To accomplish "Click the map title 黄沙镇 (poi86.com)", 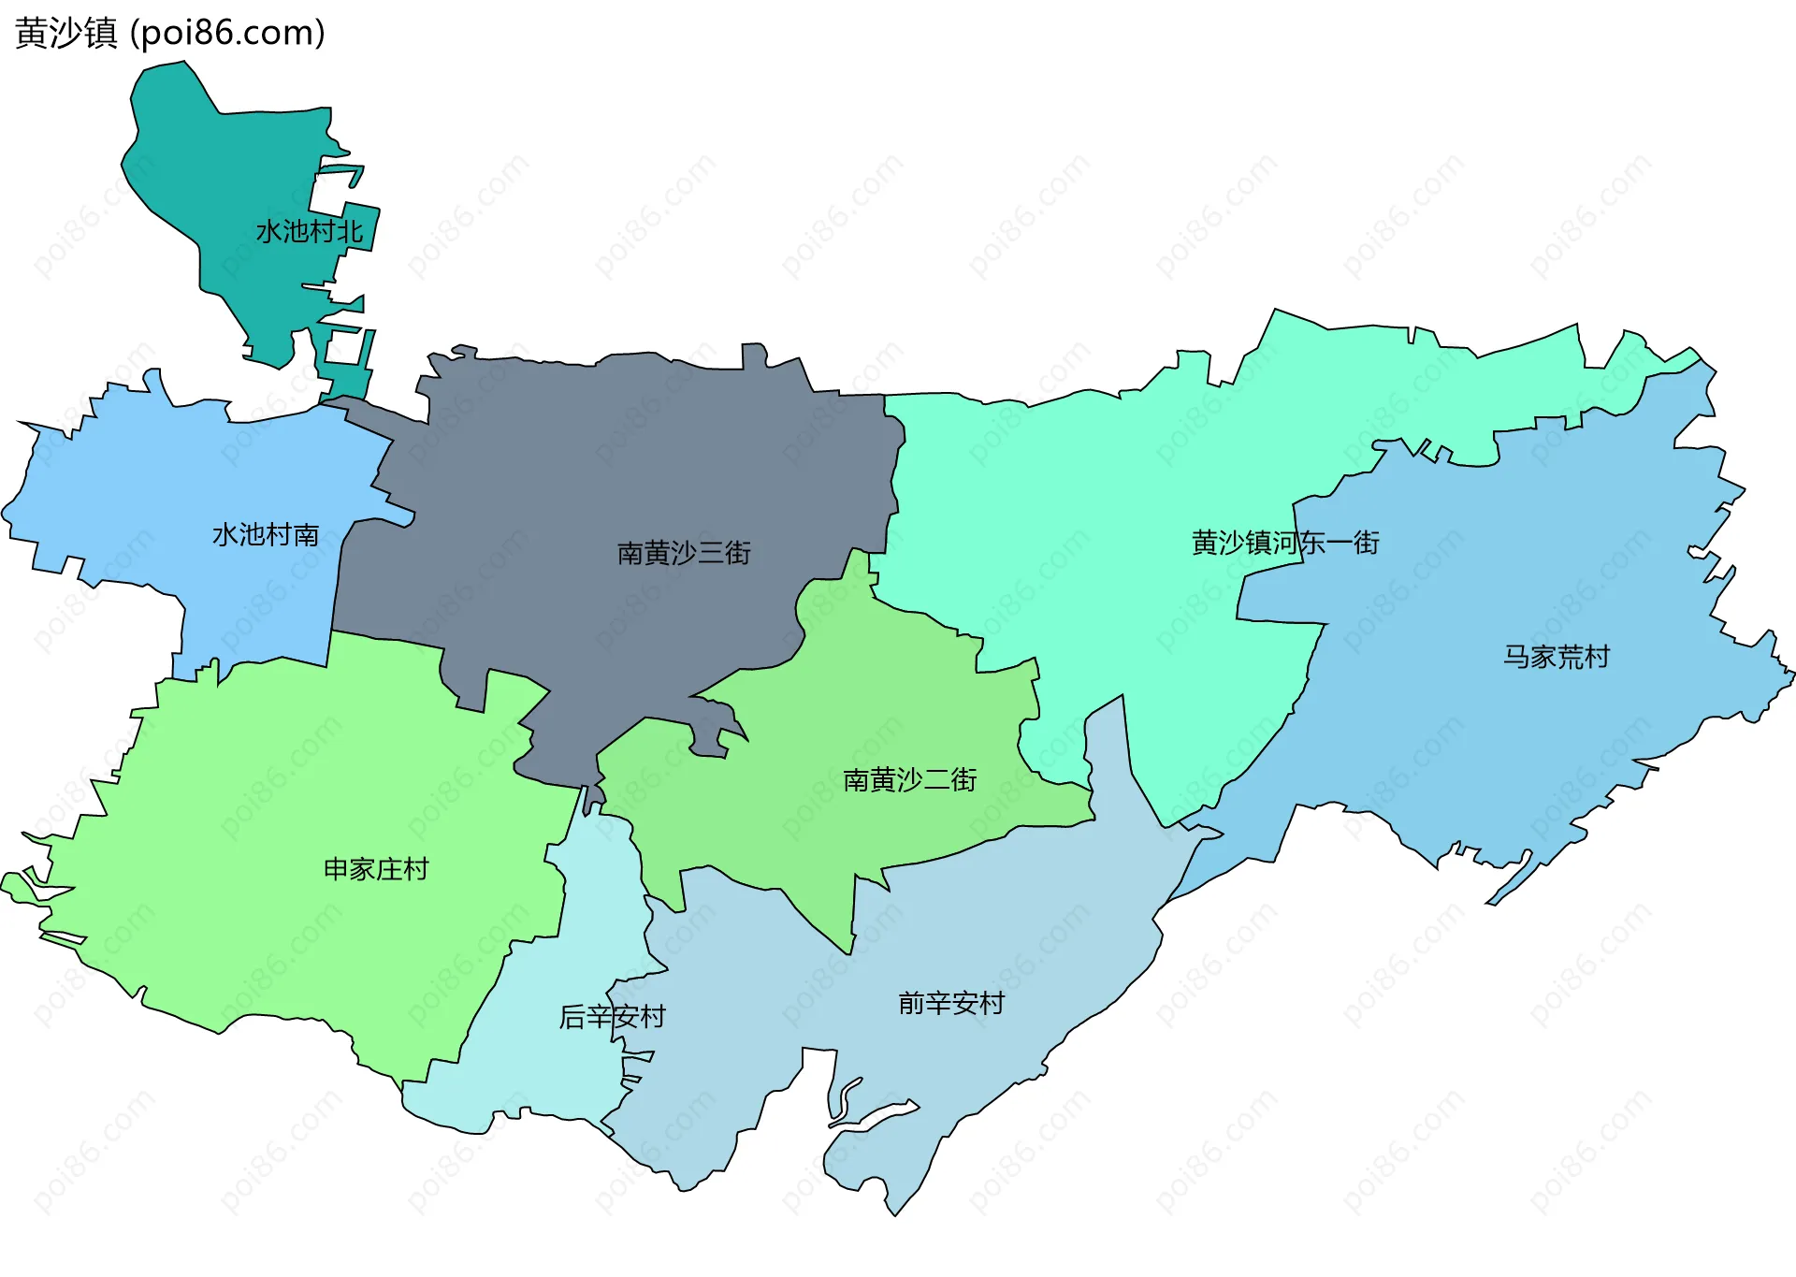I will tap(169, 33).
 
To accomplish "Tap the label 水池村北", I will tap(309, 231).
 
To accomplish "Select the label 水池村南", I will tap(266, 535).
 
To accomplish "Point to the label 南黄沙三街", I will tap(684, 553).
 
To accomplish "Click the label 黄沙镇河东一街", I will tap(1285, 543).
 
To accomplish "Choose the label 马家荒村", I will tap(1556, 657).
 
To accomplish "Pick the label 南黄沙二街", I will tap(909, 779).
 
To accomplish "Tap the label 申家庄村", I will tap(376, 869).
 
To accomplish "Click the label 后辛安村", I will tap(612, 1016).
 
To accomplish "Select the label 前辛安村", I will tap(951, 1004).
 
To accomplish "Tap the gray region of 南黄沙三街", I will tap(608, 449).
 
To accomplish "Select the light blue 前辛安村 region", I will tap(982, 936).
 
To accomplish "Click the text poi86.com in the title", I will tap(227, 34).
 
